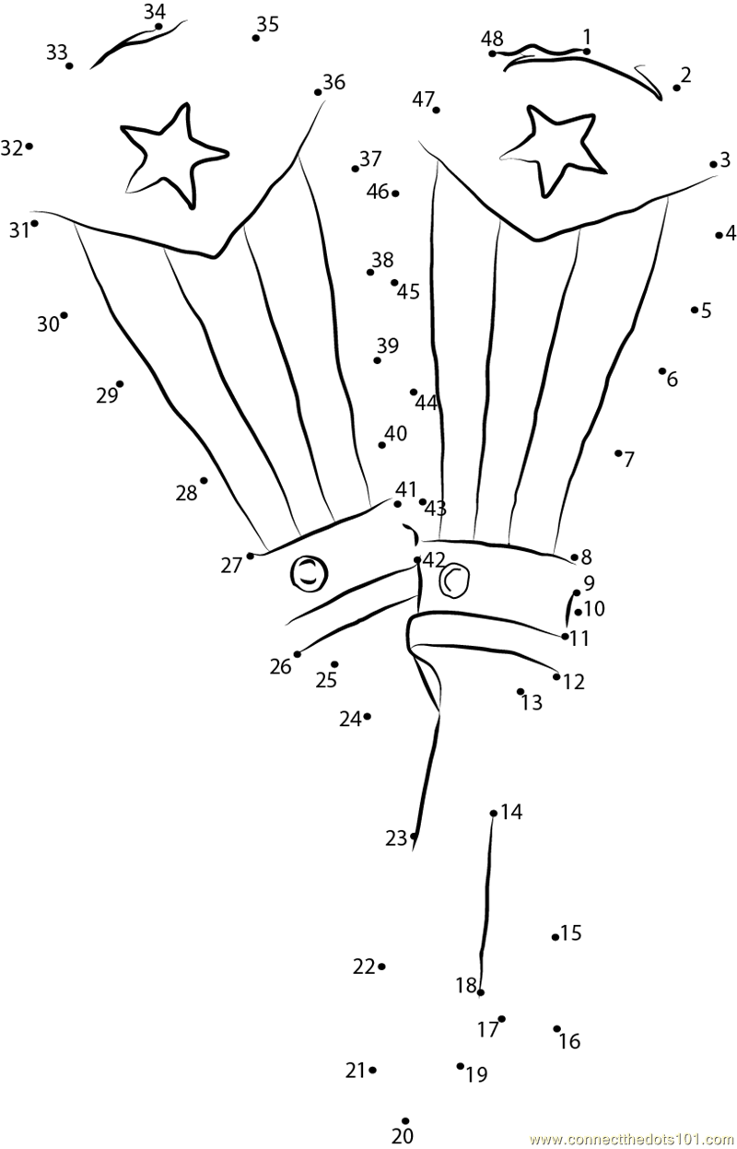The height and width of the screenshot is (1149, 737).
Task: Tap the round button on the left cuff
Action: click(310, 573)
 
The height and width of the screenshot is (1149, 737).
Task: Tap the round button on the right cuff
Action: click(454, 579)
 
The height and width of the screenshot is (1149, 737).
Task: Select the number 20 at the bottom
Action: click(403, 1136)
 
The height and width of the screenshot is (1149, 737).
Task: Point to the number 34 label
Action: click(155, 11)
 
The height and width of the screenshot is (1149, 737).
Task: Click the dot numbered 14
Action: click(494, 813)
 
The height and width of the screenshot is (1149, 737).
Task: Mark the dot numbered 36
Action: click(318, 92)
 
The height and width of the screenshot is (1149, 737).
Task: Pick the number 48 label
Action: click(492, 38)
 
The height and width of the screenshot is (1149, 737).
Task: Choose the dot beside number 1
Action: click(587, 52)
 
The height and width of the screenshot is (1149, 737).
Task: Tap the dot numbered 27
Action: click(250, 556)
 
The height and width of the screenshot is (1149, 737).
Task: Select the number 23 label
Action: click(396, 838)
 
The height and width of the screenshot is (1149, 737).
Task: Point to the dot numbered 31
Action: click(35, 223)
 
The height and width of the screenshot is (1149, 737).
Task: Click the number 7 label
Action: click(629, 459)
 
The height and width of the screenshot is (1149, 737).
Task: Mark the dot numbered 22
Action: click(381, 967)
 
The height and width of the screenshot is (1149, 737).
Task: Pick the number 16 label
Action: click(569, 1041)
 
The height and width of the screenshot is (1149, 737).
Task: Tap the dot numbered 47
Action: click(436, 110)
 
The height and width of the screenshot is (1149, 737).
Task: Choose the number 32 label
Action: click(11, 147)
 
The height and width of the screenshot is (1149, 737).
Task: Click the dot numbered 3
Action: click(713, 165)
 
